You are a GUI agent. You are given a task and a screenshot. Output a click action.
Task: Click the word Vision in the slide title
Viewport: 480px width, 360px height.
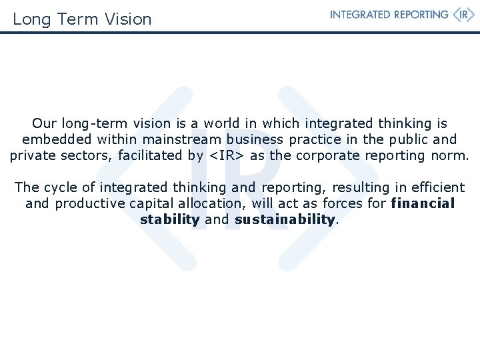tap(128, 19)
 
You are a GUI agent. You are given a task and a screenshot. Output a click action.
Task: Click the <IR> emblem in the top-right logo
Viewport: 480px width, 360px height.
tap(464, 15)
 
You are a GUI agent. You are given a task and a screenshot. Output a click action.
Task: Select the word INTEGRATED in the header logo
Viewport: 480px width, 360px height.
tap(361, 15)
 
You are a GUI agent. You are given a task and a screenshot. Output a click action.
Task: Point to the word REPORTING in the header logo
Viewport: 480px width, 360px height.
tap(417, 15)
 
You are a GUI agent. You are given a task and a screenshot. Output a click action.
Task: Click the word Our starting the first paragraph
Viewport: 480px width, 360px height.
tap(45, 123)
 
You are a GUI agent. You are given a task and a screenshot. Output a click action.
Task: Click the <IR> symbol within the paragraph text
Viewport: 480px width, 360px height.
tap(227, 156)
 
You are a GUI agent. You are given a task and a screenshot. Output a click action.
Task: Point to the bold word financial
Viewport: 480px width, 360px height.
tap(423, 203)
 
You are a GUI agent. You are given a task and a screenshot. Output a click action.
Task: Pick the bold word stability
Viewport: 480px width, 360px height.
tap(170, 219)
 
